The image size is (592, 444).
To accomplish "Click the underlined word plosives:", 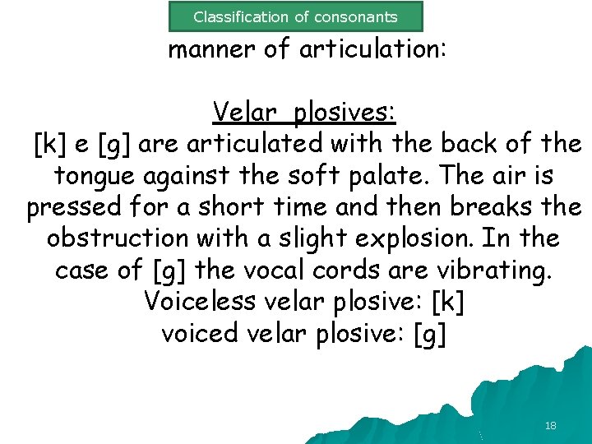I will pyautogui.click(x=345, y=111).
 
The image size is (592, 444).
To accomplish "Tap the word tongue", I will pyautogui.click(x=92, y=176).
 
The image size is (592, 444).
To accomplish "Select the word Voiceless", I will pyautogui.click(x=200, y=301).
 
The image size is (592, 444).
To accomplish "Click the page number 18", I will pyautogui.click(x=550, y=425).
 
